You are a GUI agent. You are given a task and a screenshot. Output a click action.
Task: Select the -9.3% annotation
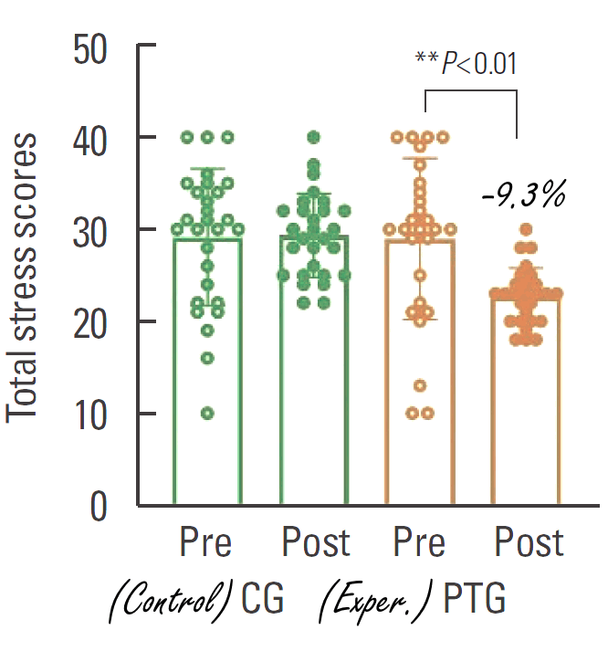[x=524, y=194]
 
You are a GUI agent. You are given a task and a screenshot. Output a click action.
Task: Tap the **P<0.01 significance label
[x=466, y=64]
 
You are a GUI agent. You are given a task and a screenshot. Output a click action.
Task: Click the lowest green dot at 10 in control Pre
[x=207, y=414]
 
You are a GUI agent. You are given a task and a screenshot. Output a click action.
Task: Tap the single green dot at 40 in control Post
[x=314, y=137]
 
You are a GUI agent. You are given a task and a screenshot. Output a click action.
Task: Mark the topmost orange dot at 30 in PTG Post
[x=526, y=229]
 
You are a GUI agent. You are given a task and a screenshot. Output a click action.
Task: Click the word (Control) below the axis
[x=170, y=604]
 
